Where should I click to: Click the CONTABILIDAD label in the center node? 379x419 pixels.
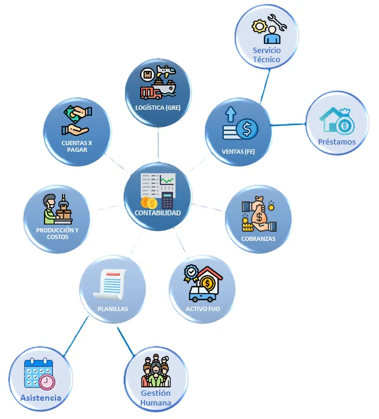(157, 213)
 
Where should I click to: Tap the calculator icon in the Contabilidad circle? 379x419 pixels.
(168, 201)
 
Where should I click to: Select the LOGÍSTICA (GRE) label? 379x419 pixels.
(158, 107)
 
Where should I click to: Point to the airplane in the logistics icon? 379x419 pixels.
(166, 71)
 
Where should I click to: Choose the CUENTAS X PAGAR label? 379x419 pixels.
(77, 146)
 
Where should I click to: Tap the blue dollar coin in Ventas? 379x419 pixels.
(247, 129)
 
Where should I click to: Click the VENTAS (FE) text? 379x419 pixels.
(238, 151)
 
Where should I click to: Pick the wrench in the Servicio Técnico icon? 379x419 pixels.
(278, 22)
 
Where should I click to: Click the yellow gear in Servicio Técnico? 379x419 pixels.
(258, 27)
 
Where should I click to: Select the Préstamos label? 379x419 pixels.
(337, 141)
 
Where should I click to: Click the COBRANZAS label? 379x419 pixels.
(258, 238)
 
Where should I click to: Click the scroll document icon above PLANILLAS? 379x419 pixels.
(110, 284)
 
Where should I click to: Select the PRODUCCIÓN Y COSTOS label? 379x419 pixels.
(57, 233)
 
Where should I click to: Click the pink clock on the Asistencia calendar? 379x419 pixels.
(48, 382)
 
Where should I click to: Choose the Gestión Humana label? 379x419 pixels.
(155, 398)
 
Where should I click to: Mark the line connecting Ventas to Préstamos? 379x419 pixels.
(288, 124)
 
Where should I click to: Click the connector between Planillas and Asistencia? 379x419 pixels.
(76, 336)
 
